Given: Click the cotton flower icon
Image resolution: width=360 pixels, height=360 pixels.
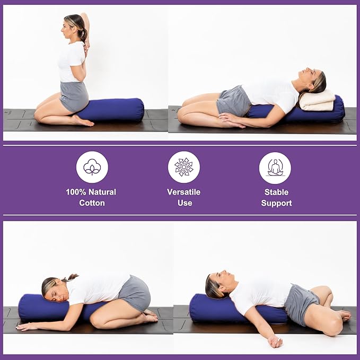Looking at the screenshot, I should click(x=92, y=167).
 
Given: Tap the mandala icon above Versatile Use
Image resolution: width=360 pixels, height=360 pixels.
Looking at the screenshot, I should click(x=183, y=167).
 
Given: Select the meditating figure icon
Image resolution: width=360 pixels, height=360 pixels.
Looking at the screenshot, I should click(x=275, y=168).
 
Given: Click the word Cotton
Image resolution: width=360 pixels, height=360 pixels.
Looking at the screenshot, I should click(x=91, y=203).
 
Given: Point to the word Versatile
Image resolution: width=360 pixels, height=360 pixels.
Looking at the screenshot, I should click(x=183, y=192).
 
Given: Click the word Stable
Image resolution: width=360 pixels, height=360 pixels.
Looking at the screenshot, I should click(x=276, y=192).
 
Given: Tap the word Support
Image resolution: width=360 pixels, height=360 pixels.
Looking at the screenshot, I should click(x=276, y=203).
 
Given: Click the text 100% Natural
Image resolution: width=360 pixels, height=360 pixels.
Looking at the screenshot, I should click(x=91, y=192).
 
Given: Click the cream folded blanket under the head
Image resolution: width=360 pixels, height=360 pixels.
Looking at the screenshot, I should click(x=317, y=100).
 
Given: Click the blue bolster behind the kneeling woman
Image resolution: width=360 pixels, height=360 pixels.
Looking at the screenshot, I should click(x=119, y=109).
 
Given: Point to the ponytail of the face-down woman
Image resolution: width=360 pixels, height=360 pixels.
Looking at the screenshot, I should click(x=71, y=277).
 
